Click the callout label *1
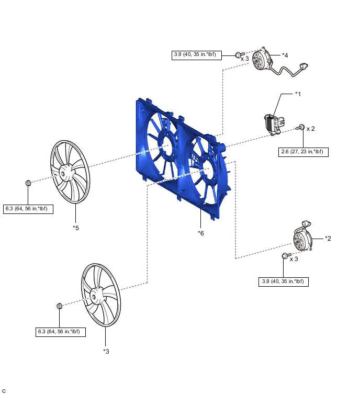pyautogui.click(x=298, y=94)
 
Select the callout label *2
pyautogui.click(x=328, y=239)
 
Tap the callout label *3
pyautogui.click(x=106, y=351)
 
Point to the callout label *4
pyautogui.click(x=285, y=54)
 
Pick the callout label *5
pyautogui.click(x=75, y=228)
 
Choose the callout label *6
pyautogui.click(x=201, y=233)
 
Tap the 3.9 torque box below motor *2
pyautogui.click(x=283, y=281)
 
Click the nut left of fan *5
pyautogui.click(x=29, y=183)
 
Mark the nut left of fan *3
pyautogui.click(x=59, y=305)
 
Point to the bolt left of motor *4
pyautogui.click(x=238, y=54)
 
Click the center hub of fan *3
pyautogui.click(x=96, y=296)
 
